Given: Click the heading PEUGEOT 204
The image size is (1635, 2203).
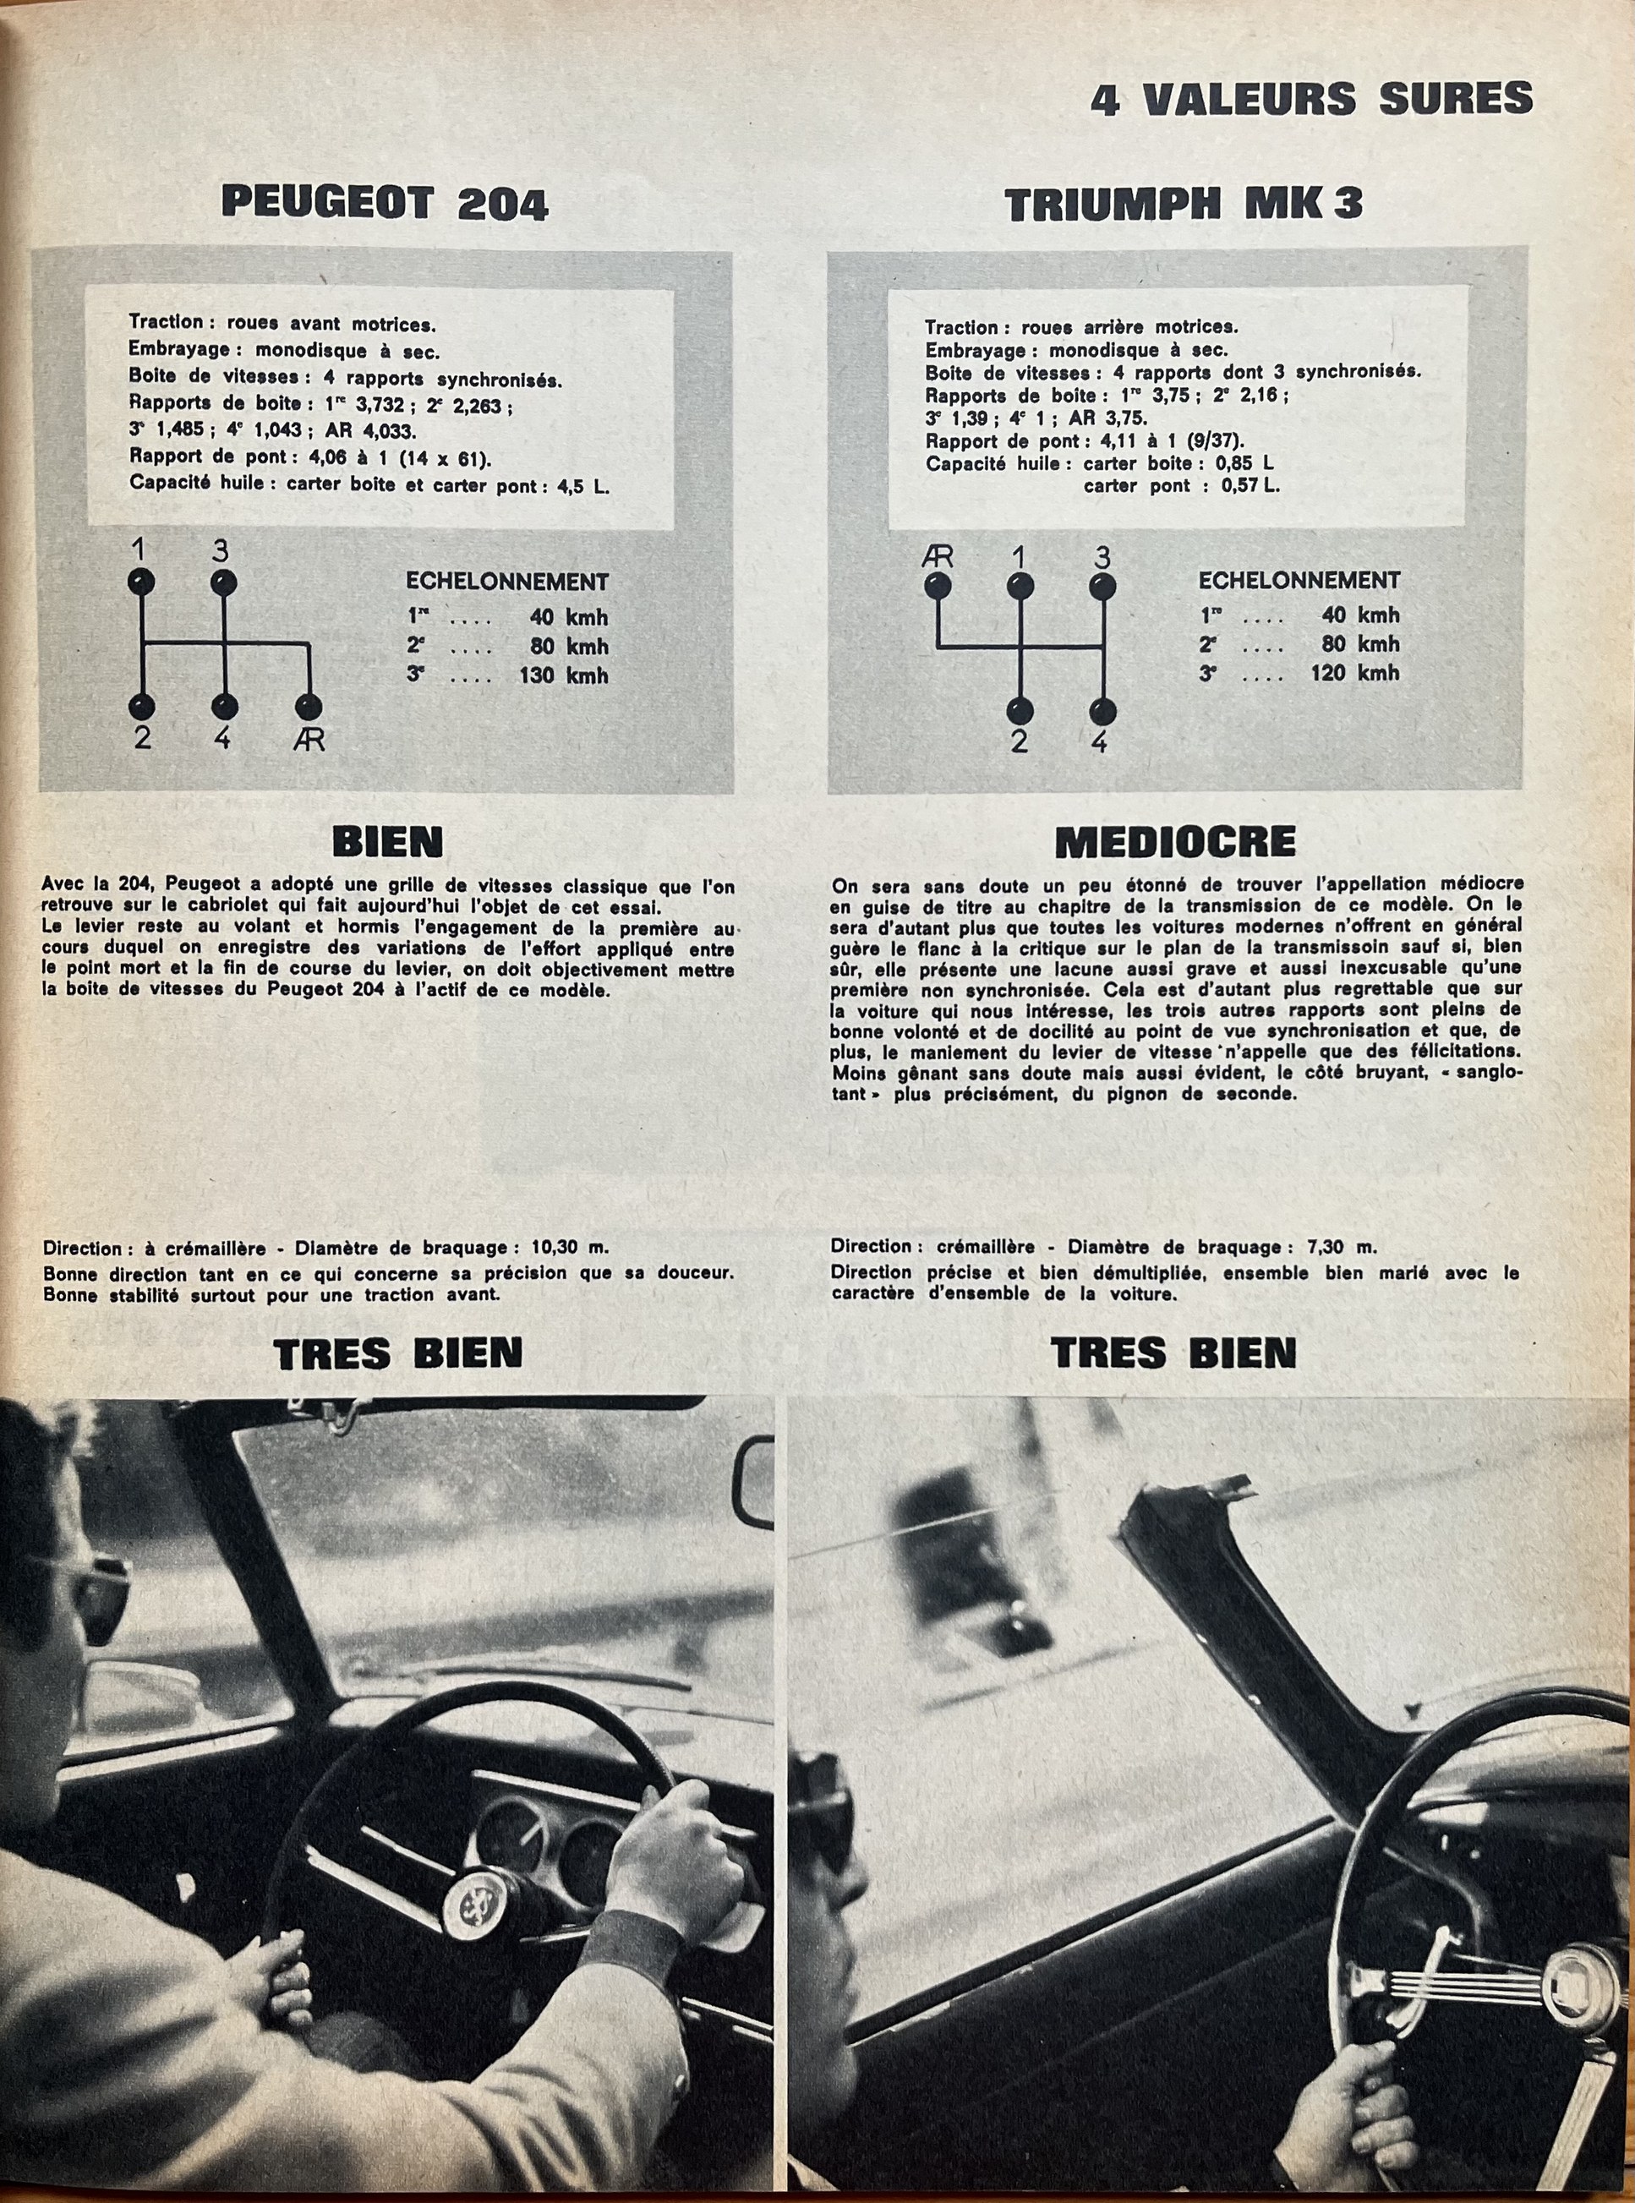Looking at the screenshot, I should tap(384, 203).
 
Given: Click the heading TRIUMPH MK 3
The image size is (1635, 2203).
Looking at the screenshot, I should tap(1183, 204).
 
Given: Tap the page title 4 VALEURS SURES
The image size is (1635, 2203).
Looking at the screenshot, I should tap(1311, 99).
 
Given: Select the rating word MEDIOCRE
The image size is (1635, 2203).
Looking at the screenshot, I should tap(1175, 841).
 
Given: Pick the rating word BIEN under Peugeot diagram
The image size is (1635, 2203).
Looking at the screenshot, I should tap(388, 841).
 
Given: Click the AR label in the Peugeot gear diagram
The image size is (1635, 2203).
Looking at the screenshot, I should tap(309, 740).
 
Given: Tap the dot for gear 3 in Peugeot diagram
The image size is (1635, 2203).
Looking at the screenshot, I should tap(224, 581).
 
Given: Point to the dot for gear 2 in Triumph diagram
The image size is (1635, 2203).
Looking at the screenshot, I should tap(1020, 711).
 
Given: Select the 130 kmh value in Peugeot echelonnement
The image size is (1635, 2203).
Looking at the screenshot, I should tap(563, 676).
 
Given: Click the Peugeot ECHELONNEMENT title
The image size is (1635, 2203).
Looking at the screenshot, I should tap(506, 582).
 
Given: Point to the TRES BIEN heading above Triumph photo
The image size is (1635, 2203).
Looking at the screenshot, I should tap(1173, 1353).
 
